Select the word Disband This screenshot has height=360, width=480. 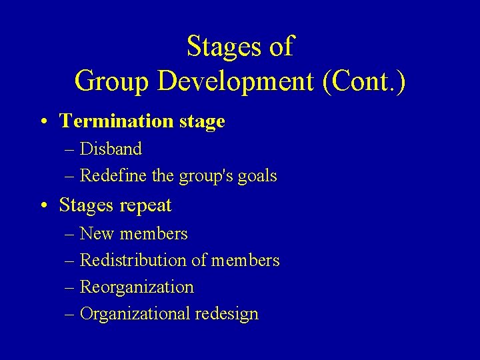(x=111, y=149)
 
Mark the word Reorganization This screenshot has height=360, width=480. (x=137, y=287)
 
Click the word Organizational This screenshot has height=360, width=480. (x=135, y=314)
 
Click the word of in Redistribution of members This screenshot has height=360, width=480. (x=199, y=261)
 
